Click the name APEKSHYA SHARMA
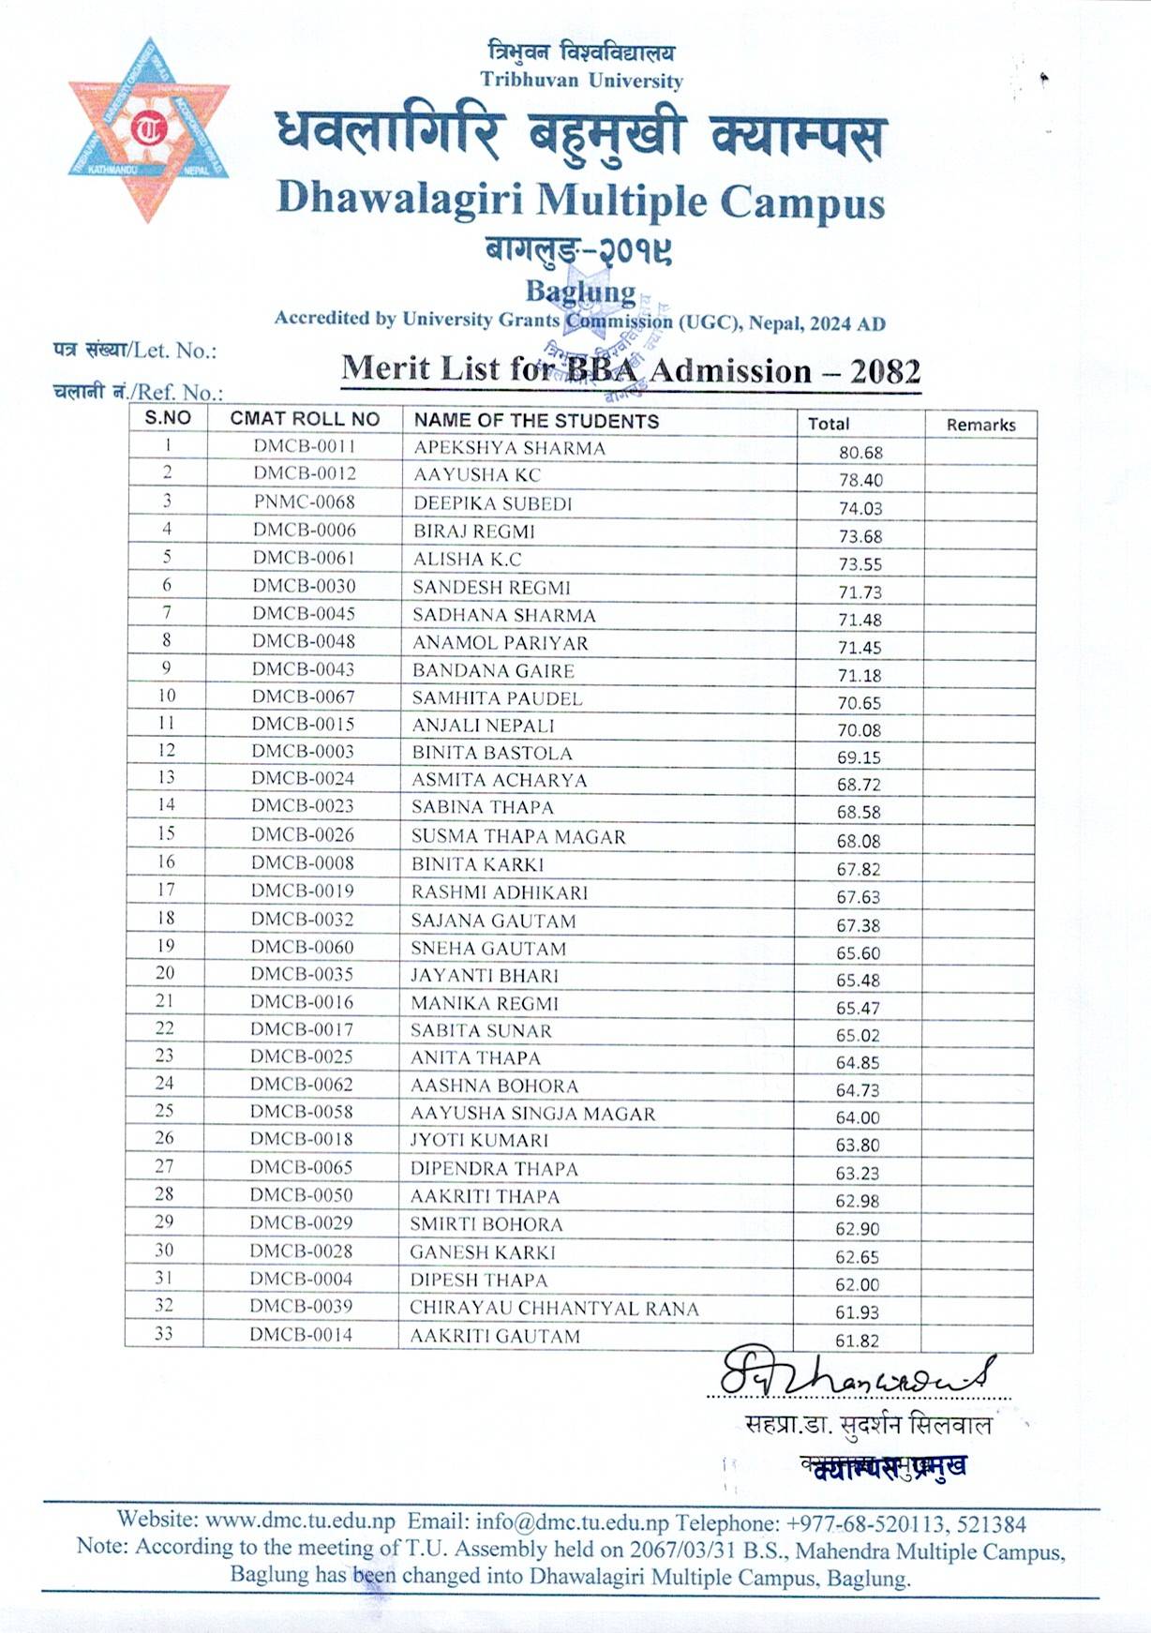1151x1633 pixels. [509, 448]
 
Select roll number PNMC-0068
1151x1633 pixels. [304, 502]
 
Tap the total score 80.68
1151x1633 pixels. [860, 453]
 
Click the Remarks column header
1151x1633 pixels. [980, 425]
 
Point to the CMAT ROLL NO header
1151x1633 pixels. [305, 419]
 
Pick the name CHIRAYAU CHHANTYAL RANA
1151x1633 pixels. [554, 1309]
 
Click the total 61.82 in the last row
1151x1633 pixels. [857, 1341]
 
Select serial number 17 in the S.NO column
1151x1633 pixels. [166, 890]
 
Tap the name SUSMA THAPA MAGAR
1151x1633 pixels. [518, 836]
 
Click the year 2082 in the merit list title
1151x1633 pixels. [885, 372]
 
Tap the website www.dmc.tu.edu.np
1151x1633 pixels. [300, 1520]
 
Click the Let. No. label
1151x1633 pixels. [175, 351]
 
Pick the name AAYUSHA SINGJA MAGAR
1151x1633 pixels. [532, 1114]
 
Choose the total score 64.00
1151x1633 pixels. [858, 1117]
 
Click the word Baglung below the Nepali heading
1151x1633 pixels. [580, 292]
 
